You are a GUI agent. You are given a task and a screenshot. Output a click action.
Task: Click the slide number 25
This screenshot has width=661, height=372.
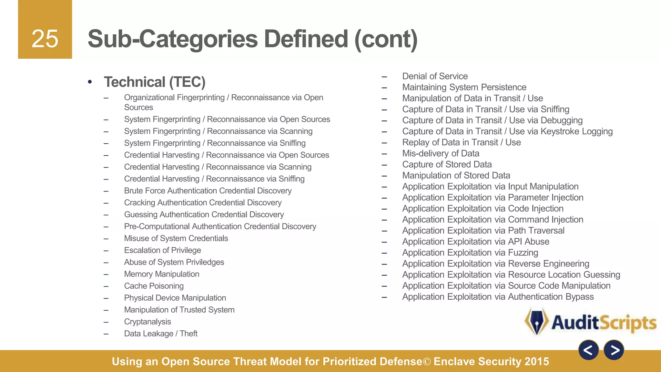tap(45, 39)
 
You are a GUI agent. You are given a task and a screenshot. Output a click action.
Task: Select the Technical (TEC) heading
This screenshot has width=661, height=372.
tap(155, 82)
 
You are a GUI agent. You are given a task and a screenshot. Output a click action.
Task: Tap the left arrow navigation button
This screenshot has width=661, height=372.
tap(588, 350)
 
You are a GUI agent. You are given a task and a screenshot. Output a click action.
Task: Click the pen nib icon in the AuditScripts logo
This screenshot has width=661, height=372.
tap(537, 322)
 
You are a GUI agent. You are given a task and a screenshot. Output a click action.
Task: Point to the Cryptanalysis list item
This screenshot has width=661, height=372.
tap(147, 322)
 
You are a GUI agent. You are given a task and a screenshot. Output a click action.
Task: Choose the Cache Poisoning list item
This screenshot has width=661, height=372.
tap(154, 286)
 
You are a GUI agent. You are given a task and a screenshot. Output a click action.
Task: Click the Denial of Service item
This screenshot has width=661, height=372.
tap(435, 76)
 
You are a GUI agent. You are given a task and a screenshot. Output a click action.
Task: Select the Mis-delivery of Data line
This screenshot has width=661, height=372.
tap(441, 153)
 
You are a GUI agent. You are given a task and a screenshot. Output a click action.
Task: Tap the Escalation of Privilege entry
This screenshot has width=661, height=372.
tap(162, 250)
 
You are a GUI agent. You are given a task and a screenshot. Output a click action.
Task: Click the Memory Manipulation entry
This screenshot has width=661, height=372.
tap(162, 274)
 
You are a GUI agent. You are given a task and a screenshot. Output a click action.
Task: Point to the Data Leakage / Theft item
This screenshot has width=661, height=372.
tap(161, 334)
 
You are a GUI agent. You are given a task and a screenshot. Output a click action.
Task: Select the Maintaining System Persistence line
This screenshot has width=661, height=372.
tap(464, 87)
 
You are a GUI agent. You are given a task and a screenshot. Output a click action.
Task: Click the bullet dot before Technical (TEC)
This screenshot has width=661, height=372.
tap(90, 82)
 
